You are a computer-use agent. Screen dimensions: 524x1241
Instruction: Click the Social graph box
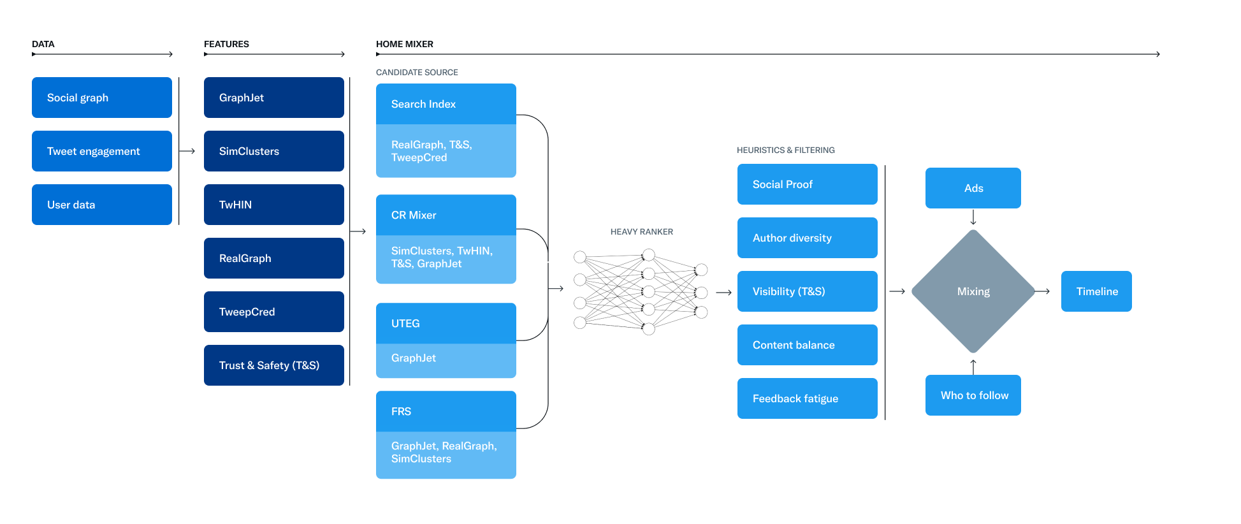pyautogui.click(x=102, y=98)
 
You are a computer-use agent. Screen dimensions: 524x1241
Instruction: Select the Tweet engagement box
pyautogui.click(x=102, y=151)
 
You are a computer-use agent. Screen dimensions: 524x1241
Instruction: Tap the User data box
pyautogui.click(x=102, y=205)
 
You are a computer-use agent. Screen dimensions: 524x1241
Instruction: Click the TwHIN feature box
pyautogui.click(x=274, y=205)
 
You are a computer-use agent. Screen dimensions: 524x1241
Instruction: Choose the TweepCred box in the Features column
pyautogui.click(x=274, y=312)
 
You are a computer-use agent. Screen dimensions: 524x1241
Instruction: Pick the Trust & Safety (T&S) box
pyautogui.click(x=274, y=365)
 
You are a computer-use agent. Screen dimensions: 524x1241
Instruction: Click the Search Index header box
pyautogui.click(x=446, y=104)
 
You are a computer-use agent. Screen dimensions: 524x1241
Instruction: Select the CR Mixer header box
pyautogui.click(x=446, y=215)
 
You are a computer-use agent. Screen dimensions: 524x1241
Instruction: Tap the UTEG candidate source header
pyautogui.click(x=446, y=323)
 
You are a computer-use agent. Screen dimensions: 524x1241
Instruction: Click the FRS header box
pyautogui.click(x=446, y=411)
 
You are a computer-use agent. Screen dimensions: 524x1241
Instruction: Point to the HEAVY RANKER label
pyautogui.click(x=641, y=232)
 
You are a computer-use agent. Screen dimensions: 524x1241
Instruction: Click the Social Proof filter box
pyautogui.click(x=807, y=184)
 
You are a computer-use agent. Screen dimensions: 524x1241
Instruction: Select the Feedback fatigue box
pyautogui.click(x=807, y=398)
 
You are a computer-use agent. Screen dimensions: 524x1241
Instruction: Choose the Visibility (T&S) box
pyautogui.click(x=807, y=291)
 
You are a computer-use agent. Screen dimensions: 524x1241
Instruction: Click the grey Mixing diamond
pyautogui.click(x=973, y=291)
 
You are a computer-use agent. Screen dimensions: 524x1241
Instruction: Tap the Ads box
pyautogui.click(x=973, y=188)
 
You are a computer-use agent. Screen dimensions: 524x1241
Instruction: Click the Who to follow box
pyautogui.click(x=973, y=395)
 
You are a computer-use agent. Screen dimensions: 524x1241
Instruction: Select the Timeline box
pyautogui.click(x=1096, y=291)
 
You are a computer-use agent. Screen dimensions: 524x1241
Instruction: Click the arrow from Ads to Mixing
pyautogui.click(x=973, y=218)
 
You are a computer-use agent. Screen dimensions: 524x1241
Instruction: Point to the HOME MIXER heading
pyautogui.click(x=405, y=44)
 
